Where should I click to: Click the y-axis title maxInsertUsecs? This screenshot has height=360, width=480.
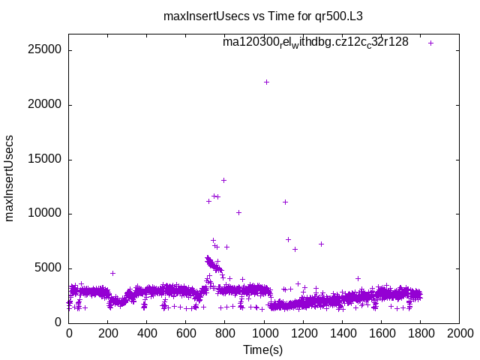10,178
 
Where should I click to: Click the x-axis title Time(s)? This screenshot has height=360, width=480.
263,349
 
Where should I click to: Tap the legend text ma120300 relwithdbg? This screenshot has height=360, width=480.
315,42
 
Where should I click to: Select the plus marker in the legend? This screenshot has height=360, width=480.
430,43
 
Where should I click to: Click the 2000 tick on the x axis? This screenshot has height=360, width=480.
459,333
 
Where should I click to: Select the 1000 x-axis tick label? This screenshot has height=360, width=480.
264,333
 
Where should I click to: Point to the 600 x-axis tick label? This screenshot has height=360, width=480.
186,333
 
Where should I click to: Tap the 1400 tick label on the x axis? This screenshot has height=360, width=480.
342,333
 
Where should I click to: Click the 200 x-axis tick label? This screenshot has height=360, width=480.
108,333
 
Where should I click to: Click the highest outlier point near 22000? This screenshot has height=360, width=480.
266,82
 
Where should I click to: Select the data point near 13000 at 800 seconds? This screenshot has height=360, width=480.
223,180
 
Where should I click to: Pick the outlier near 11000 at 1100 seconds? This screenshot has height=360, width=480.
285,202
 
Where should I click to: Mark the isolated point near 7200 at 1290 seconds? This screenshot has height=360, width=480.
321,244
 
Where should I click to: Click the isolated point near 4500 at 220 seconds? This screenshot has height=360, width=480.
112,273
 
